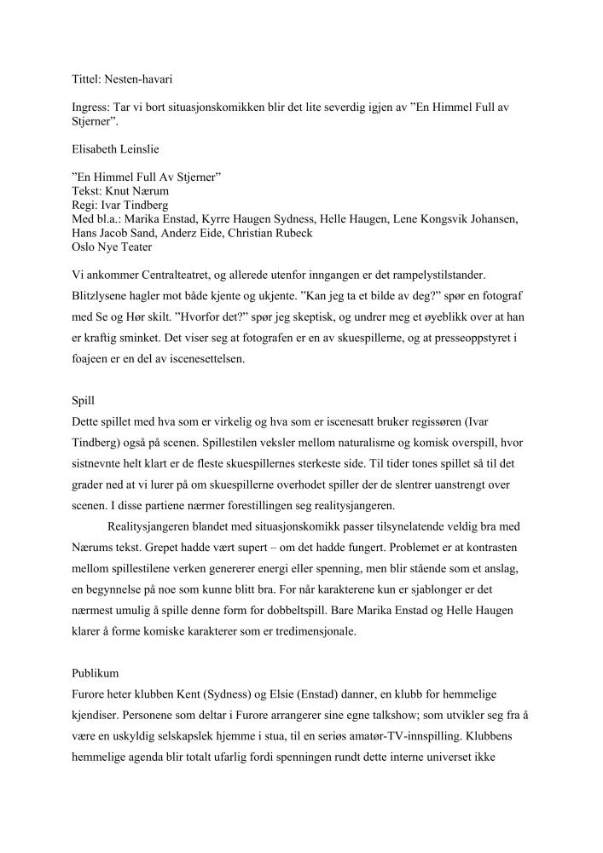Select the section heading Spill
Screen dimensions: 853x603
[84, 399]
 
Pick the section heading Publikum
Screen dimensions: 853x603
[96, 674]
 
